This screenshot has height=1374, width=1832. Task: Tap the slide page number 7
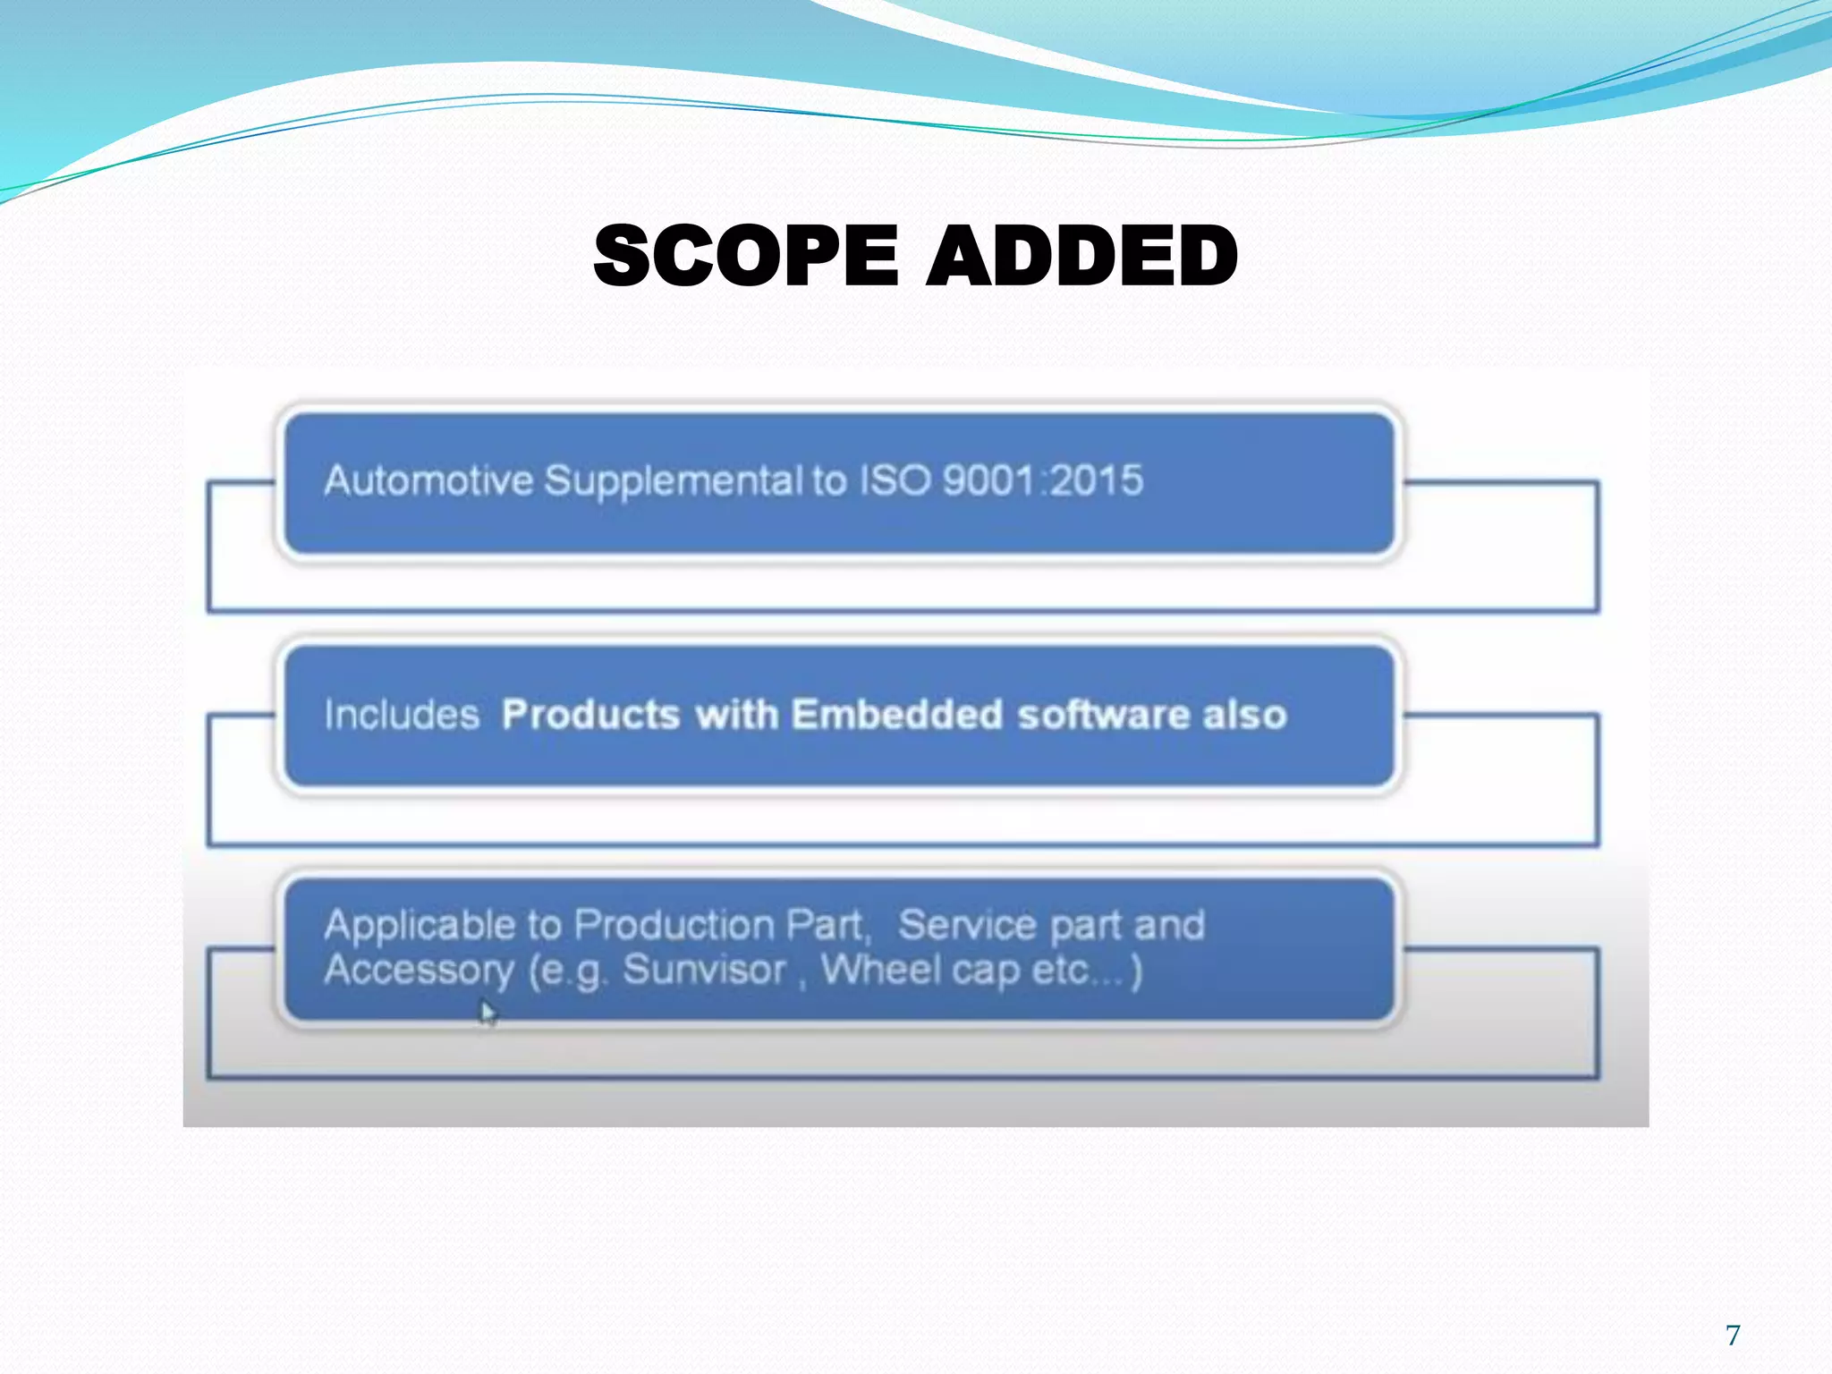point(1733,1335)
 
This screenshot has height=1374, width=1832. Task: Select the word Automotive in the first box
point(428,480)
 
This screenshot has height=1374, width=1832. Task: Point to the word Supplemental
point(674,482)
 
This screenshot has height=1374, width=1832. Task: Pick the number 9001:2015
point(1043,480)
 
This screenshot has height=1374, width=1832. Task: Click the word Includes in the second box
point(402,715)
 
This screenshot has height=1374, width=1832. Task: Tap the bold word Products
point(590,715)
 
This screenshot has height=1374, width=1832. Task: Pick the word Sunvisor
point(704,970)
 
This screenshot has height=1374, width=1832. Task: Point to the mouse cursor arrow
point(487,1014)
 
